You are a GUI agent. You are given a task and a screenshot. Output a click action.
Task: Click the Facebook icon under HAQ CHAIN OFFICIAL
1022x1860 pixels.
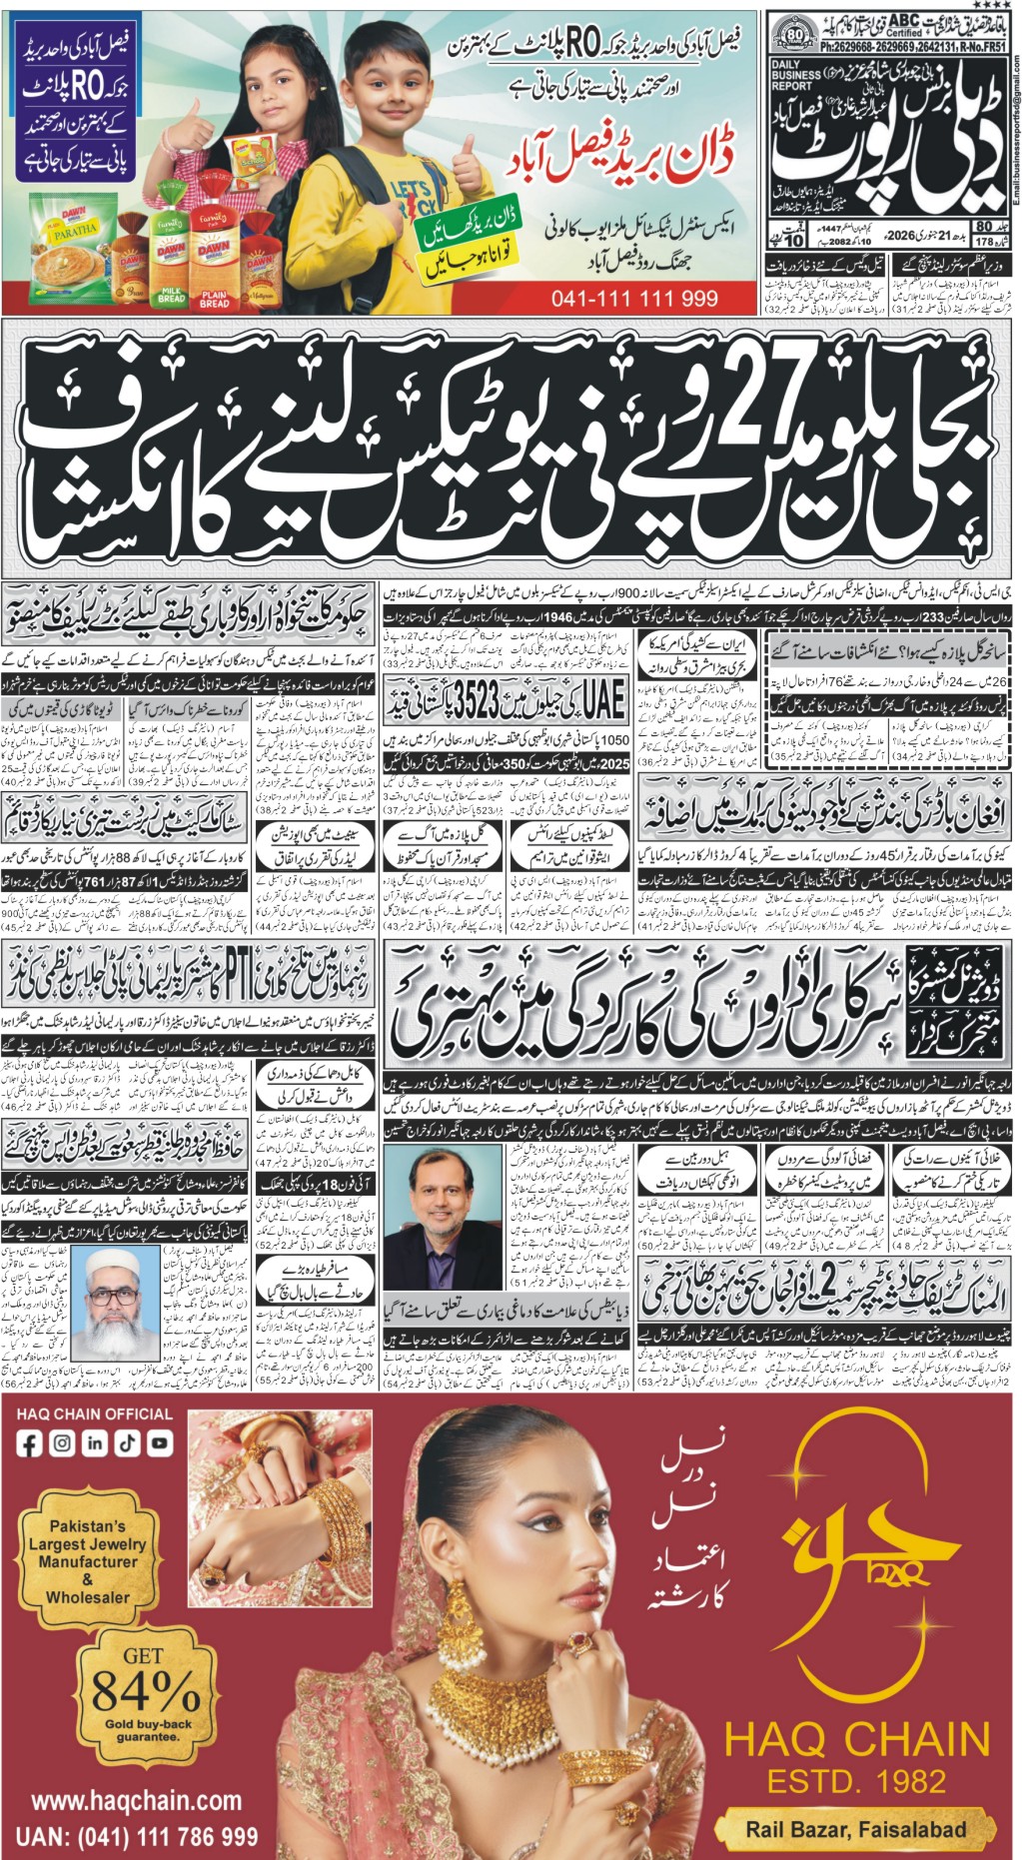pos(30,1442)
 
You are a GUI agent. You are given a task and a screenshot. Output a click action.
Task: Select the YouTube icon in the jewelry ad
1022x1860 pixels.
pos(159,1442)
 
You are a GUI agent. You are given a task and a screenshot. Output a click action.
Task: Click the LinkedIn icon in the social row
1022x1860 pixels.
pos(95,1442)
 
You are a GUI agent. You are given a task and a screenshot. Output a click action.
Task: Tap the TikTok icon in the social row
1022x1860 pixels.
pos(127,1442)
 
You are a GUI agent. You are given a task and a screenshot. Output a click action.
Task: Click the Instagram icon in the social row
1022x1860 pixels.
pos(62,1442)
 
